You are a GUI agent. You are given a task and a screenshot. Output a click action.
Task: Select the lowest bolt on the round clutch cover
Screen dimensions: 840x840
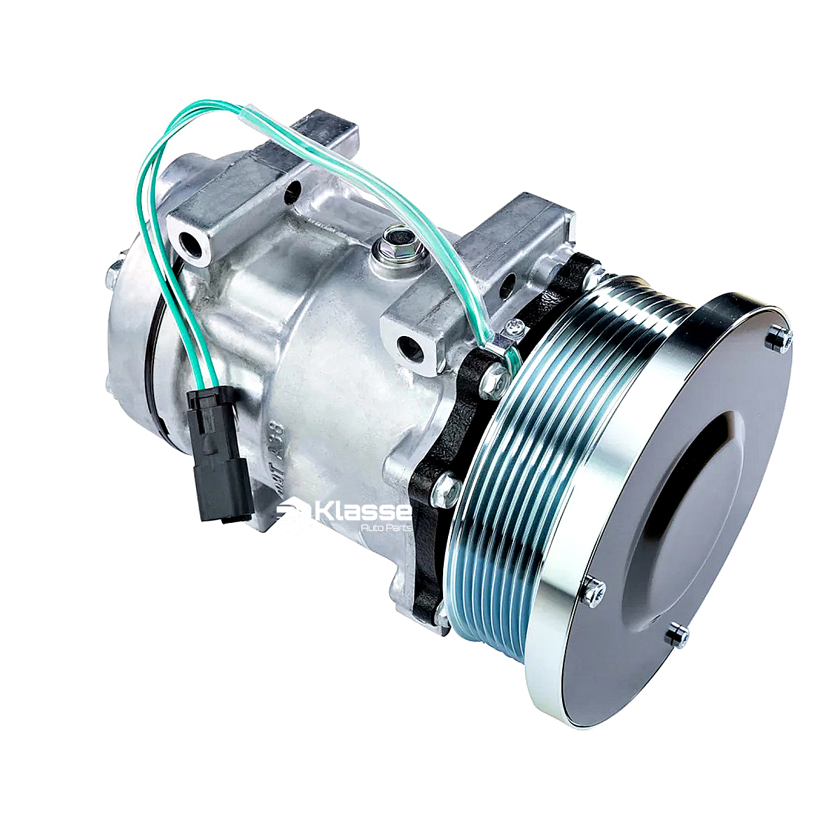(676, 636)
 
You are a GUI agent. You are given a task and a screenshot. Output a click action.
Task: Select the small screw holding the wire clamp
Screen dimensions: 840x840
(516, 326)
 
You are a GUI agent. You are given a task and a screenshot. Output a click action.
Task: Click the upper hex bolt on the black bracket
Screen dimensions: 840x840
(495, 377)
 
